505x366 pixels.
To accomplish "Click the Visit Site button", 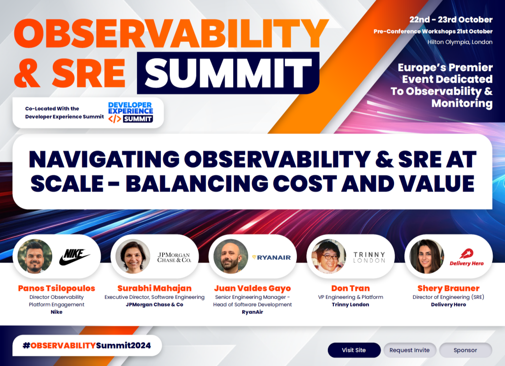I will [354, 350].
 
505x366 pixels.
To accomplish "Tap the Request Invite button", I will [409, 350].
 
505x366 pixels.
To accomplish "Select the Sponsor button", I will [465, 350].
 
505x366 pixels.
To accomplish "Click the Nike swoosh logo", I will [74, 257].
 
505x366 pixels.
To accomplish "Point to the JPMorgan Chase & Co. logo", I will [174, 257].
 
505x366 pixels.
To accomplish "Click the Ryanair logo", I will [272, 257].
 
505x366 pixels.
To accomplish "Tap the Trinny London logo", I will [369, 257].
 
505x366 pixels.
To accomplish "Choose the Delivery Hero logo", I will [467, 257].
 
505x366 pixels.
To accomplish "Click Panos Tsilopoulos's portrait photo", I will [35, 257].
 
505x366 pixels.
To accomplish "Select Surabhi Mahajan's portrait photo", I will [133, 257].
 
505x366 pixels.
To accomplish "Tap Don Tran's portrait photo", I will [328, 257].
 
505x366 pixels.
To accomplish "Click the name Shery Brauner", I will [448, 288].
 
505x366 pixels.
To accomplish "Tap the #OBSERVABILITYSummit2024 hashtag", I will [86, 345].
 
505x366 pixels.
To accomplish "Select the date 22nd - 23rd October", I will [451, 20].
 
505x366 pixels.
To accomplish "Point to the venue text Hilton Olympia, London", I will [460, 42].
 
